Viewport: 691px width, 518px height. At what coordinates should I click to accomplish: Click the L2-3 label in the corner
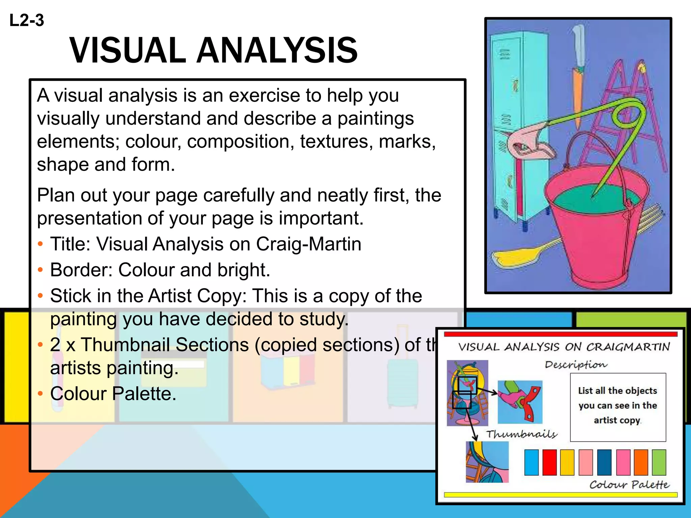click(x=27, y=20)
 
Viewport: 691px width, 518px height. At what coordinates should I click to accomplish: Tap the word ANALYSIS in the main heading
click(x=277, y=51)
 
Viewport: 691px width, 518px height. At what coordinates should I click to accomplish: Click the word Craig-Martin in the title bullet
click(x=308, y=244)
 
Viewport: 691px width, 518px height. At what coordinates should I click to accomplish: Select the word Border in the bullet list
click(x=80, y=270)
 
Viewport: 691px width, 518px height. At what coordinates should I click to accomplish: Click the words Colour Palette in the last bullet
click(x=113, y=394)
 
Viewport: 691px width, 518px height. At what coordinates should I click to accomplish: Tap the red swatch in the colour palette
click(x=550, y=462)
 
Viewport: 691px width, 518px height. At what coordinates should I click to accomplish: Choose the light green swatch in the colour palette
click(x=659, y=462)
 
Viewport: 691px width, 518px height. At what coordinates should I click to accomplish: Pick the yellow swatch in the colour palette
click(x=568, y=462)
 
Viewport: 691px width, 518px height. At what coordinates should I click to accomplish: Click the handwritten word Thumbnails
click(x=522, y=434)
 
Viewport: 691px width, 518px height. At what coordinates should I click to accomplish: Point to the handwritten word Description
click(x=576, y=365)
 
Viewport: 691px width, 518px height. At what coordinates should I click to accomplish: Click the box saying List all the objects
click(x=618, y=406)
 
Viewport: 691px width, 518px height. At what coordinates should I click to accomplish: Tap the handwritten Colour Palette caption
click(x=629, y=485)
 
